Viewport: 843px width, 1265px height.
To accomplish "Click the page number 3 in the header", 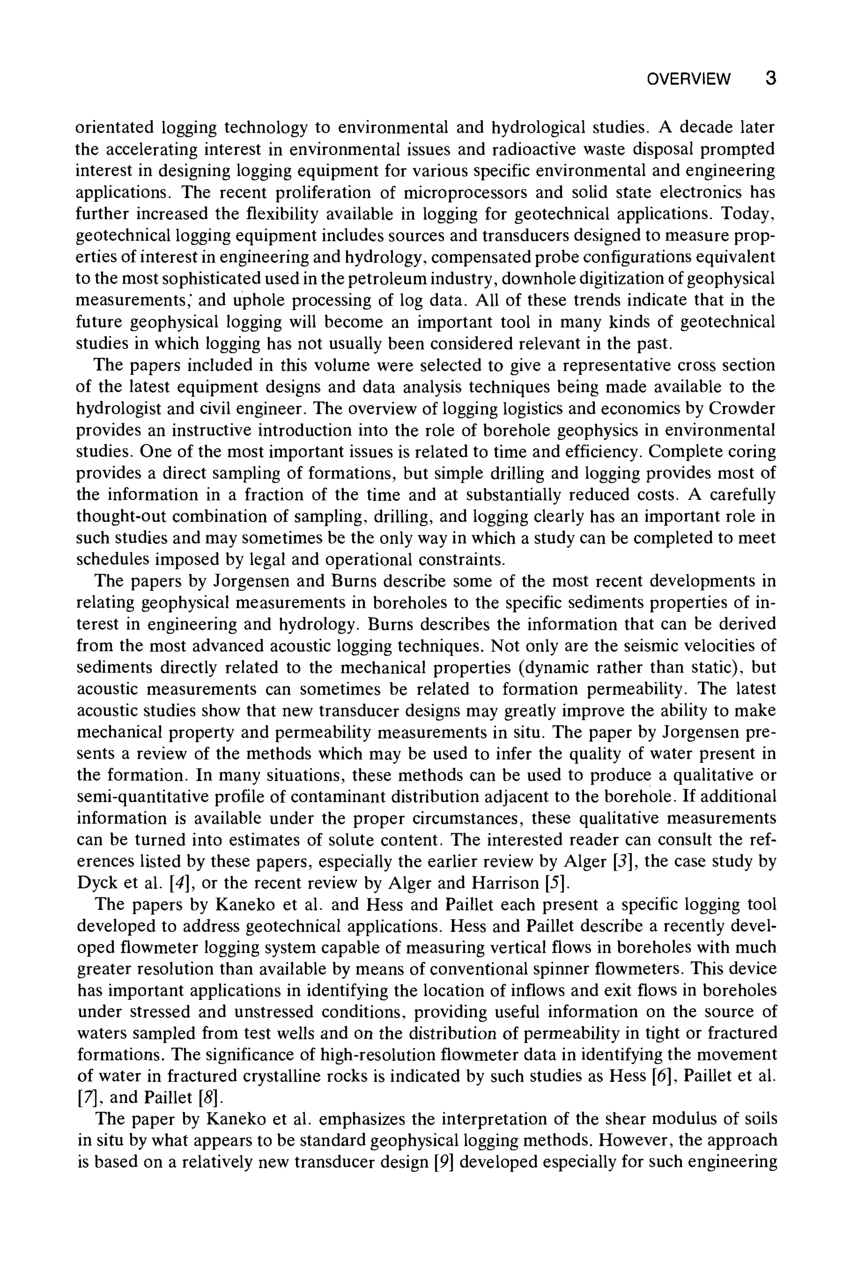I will pos(771,79).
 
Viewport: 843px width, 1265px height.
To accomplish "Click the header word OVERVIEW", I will pos(689,79).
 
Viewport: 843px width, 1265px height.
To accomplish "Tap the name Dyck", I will pos(95,883).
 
